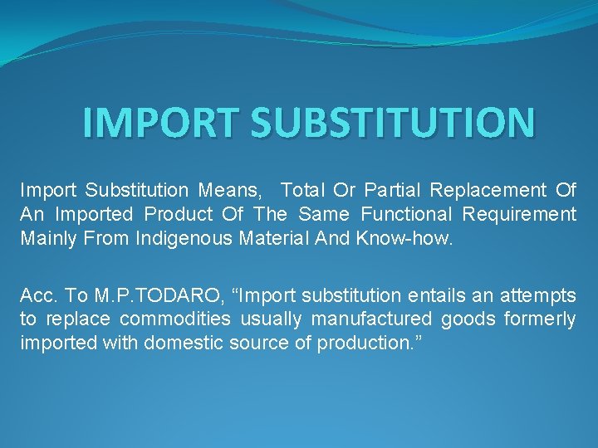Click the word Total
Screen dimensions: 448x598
309,191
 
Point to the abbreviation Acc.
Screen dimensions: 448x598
38,296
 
